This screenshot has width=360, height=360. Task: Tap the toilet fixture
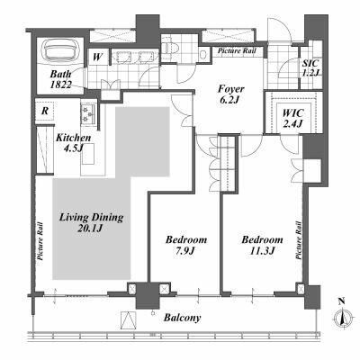coord(170,48)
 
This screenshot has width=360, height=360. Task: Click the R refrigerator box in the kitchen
coord(45,111)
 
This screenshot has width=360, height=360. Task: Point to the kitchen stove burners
coord(87,114)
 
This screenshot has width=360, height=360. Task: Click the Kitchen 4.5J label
coord(74,142)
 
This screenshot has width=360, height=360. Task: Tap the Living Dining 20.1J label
coord(91,222)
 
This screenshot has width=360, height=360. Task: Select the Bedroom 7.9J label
coord(186,245)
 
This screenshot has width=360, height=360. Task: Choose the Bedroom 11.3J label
coord(263,245)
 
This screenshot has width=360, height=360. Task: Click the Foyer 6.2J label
coord(230,94)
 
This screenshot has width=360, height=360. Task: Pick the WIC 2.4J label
coord(292,118)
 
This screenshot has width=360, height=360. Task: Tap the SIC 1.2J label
coord(310,68)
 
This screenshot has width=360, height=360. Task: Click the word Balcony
coord(183,318)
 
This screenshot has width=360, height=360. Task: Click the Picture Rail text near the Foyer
coord(237,50)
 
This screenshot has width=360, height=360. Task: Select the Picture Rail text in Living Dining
coord(40,240)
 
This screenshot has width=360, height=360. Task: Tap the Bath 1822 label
coord(60,79)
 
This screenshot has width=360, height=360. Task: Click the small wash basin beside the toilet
coord(203,54)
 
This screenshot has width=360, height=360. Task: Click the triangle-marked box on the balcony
coord(129,320)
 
